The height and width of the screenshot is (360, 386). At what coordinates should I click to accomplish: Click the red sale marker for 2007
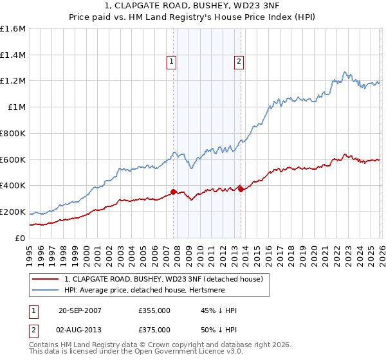click(174, 192)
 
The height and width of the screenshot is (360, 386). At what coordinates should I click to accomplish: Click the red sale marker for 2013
click(241, 188)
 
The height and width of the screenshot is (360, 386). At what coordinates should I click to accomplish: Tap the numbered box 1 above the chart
click(172, 62)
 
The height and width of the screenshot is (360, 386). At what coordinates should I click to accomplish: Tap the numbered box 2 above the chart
click(239, 62)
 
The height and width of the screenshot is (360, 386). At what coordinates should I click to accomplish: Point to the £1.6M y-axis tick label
click(13, 29)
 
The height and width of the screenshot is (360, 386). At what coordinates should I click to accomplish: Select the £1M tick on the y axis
click(16, 107)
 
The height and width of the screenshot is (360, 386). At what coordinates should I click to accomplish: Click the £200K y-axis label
click(13, 212)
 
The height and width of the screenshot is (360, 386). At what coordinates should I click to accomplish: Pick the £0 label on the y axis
click(19, 238)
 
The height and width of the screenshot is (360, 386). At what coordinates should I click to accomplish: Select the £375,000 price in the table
click(154, 329)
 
